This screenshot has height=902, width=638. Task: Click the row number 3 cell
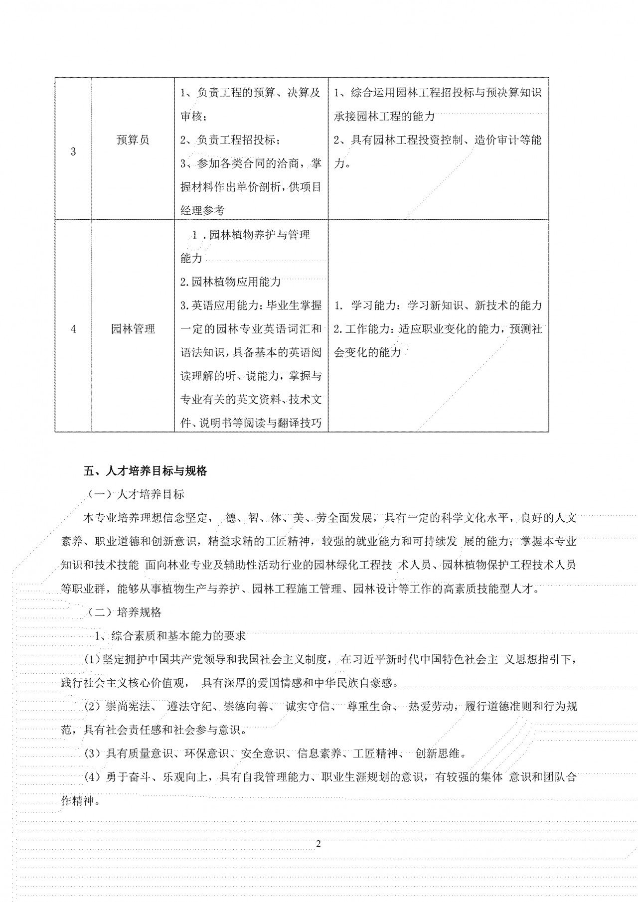pyautogui.click(x=73, y=152)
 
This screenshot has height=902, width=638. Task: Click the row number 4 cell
pyautogui.click(x=73, y=329)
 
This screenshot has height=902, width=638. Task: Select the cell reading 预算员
pyautogui.click(x=133, y=140)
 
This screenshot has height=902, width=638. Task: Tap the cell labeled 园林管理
pyautogui.click(x=133, y=329)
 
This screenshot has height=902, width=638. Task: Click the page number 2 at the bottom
pyautogui.click(x=319, y=844)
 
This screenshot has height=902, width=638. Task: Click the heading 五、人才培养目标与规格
pyautogui.click(x=145, y=470)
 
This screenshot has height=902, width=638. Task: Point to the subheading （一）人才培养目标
pyautogui.click(x=136, y=494)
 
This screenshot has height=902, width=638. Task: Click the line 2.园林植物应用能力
pyautogui.click(x=230, y=282)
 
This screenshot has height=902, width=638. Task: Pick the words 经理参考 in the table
pyautogui.click(x=202, y=211)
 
